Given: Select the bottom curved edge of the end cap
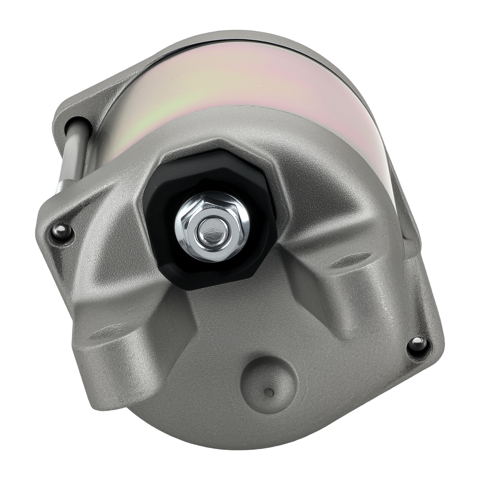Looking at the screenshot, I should pyautogui.click(x=269, y=444).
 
